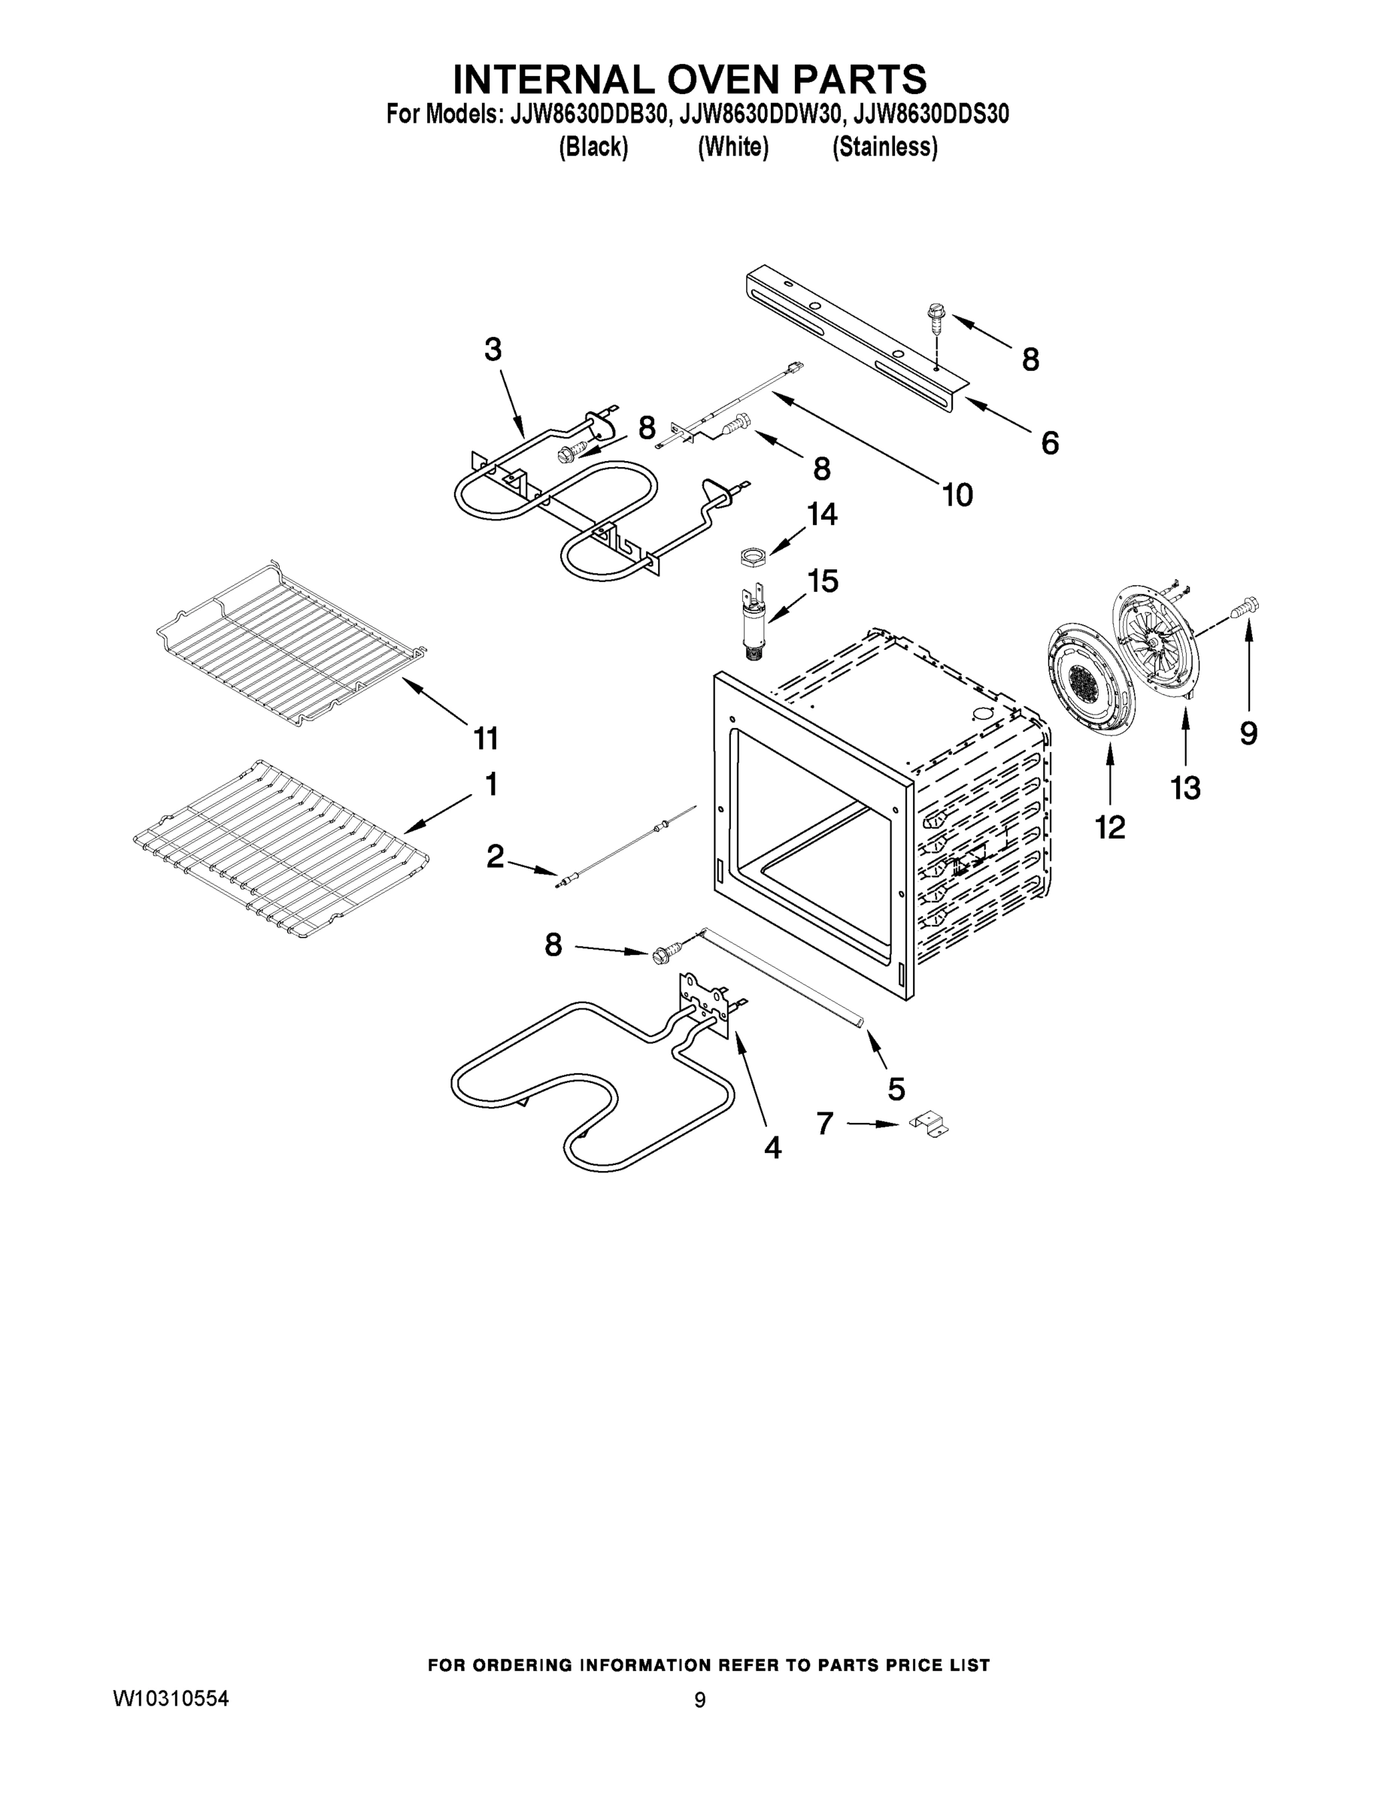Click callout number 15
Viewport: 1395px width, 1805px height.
coord(822,581)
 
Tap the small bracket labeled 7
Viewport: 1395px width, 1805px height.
coord(929,1126)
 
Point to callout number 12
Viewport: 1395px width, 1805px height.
coord(1110,827)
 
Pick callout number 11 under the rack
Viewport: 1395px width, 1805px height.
coord(486,738)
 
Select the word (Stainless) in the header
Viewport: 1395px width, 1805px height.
coord(884,147)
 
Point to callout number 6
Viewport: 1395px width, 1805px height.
coord(1050,443)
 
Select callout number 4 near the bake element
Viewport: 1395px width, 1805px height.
coord(772,1147)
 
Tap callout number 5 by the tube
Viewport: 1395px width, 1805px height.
coord(896,1088)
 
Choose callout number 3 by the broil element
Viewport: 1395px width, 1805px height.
coord(493,350)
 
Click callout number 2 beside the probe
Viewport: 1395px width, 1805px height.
coord(495,856)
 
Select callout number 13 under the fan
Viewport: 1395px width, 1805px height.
coord(1185,787)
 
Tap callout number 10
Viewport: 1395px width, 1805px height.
coord(958,495)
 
